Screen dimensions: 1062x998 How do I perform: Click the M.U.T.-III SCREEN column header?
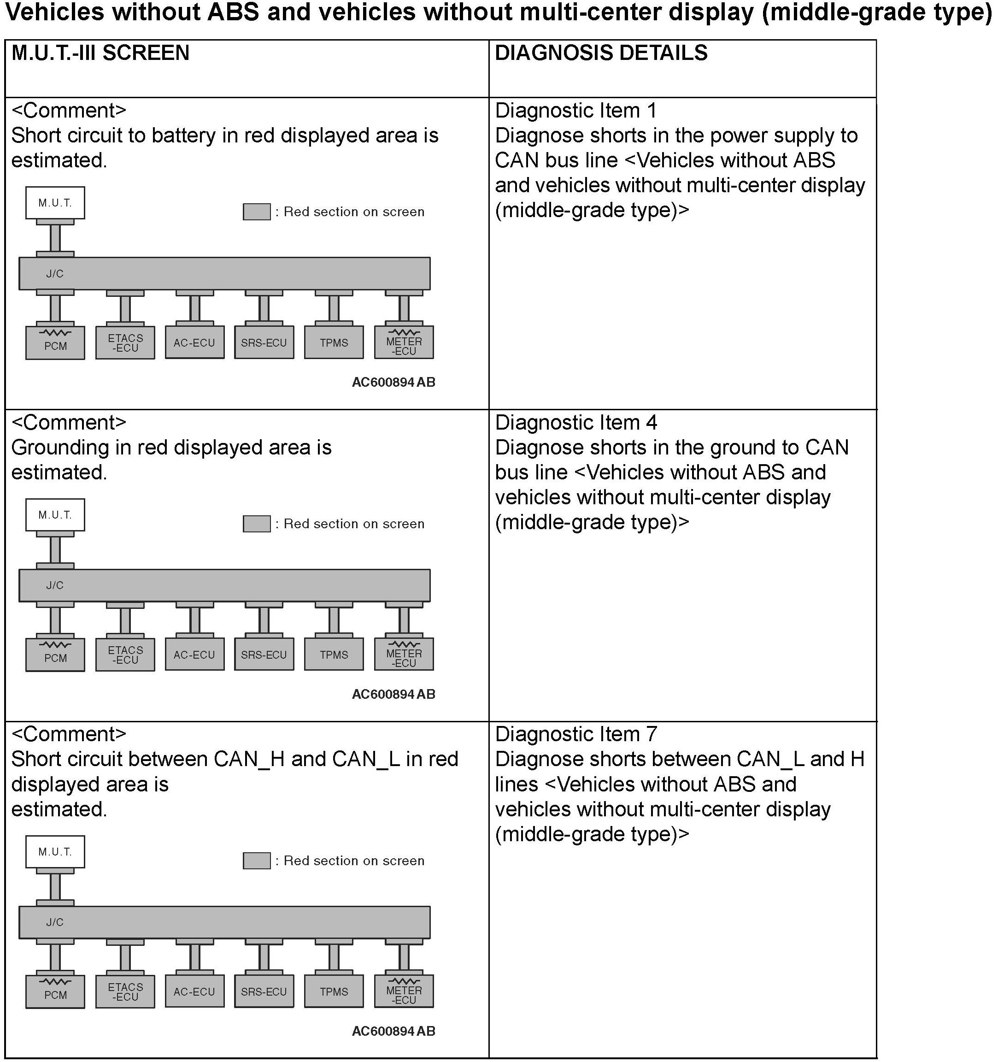[x=100, y=53]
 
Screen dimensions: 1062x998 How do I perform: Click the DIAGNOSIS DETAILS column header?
[x=601, y=53]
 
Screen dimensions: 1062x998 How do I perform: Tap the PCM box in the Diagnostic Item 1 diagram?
[x=55, y=343]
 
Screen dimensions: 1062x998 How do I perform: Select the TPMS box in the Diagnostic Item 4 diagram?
[x=334, y=655]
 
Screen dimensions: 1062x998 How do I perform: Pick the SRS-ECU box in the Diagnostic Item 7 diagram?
[x=264, y=992]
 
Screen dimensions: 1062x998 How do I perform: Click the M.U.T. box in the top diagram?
[x=55, y=203]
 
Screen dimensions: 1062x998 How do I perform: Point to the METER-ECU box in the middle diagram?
[x=404, y=655]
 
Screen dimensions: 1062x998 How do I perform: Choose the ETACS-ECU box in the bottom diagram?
[x=125, y=992]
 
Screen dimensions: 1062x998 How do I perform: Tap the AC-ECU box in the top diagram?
[x=194, y=343]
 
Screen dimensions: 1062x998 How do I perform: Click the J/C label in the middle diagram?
[x=54, y=585]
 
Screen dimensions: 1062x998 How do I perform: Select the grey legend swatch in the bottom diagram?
[x=256, y=861]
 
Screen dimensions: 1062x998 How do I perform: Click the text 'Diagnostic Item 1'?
[x=575, y=111]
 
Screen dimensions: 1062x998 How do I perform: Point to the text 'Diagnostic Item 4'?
[x=575, y=423]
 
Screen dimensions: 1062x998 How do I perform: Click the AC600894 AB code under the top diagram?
[x=393, y=383]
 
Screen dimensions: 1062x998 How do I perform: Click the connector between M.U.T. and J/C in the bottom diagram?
[x=55, y=887]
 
